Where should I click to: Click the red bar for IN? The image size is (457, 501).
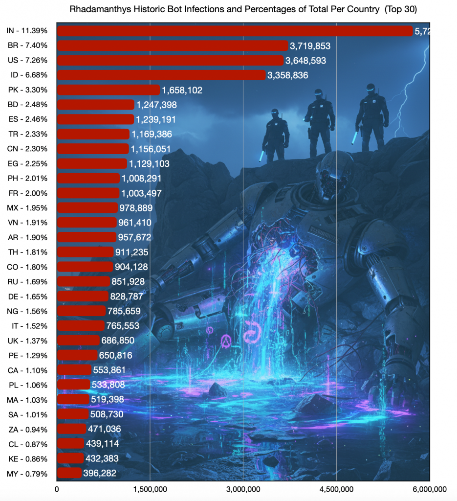click(x=235, y=31)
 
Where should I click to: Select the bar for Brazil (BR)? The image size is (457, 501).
click(x=172, y=46)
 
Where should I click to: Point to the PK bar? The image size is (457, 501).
click(x=109, y=90)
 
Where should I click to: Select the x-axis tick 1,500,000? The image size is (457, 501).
click(x=150, y=489)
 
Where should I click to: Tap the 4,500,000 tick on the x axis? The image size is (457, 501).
click(x=336, y=489)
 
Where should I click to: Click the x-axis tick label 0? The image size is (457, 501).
click(x=57, y=489)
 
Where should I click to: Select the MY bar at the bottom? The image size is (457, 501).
click(x=69, y=473)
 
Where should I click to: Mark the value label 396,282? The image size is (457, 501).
click(x=101, y=474)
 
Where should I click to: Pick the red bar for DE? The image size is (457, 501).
click(x=83, y=296)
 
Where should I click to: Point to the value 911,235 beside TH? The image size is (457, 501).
click(x=131, y=252)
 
